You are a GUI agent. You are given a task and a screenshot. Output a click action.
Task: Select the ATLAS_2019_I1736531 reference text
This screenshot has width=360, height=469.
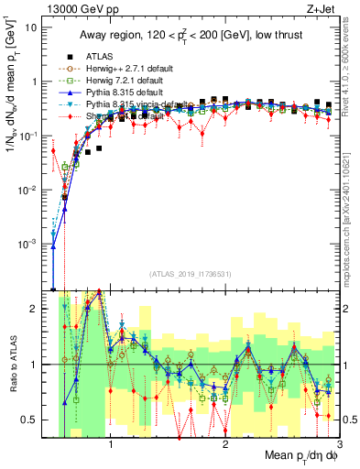[189, 274]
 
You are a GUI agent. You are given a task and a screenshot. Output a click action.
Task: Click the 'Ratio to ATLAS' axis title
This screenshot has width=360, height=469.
[12, 365]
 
